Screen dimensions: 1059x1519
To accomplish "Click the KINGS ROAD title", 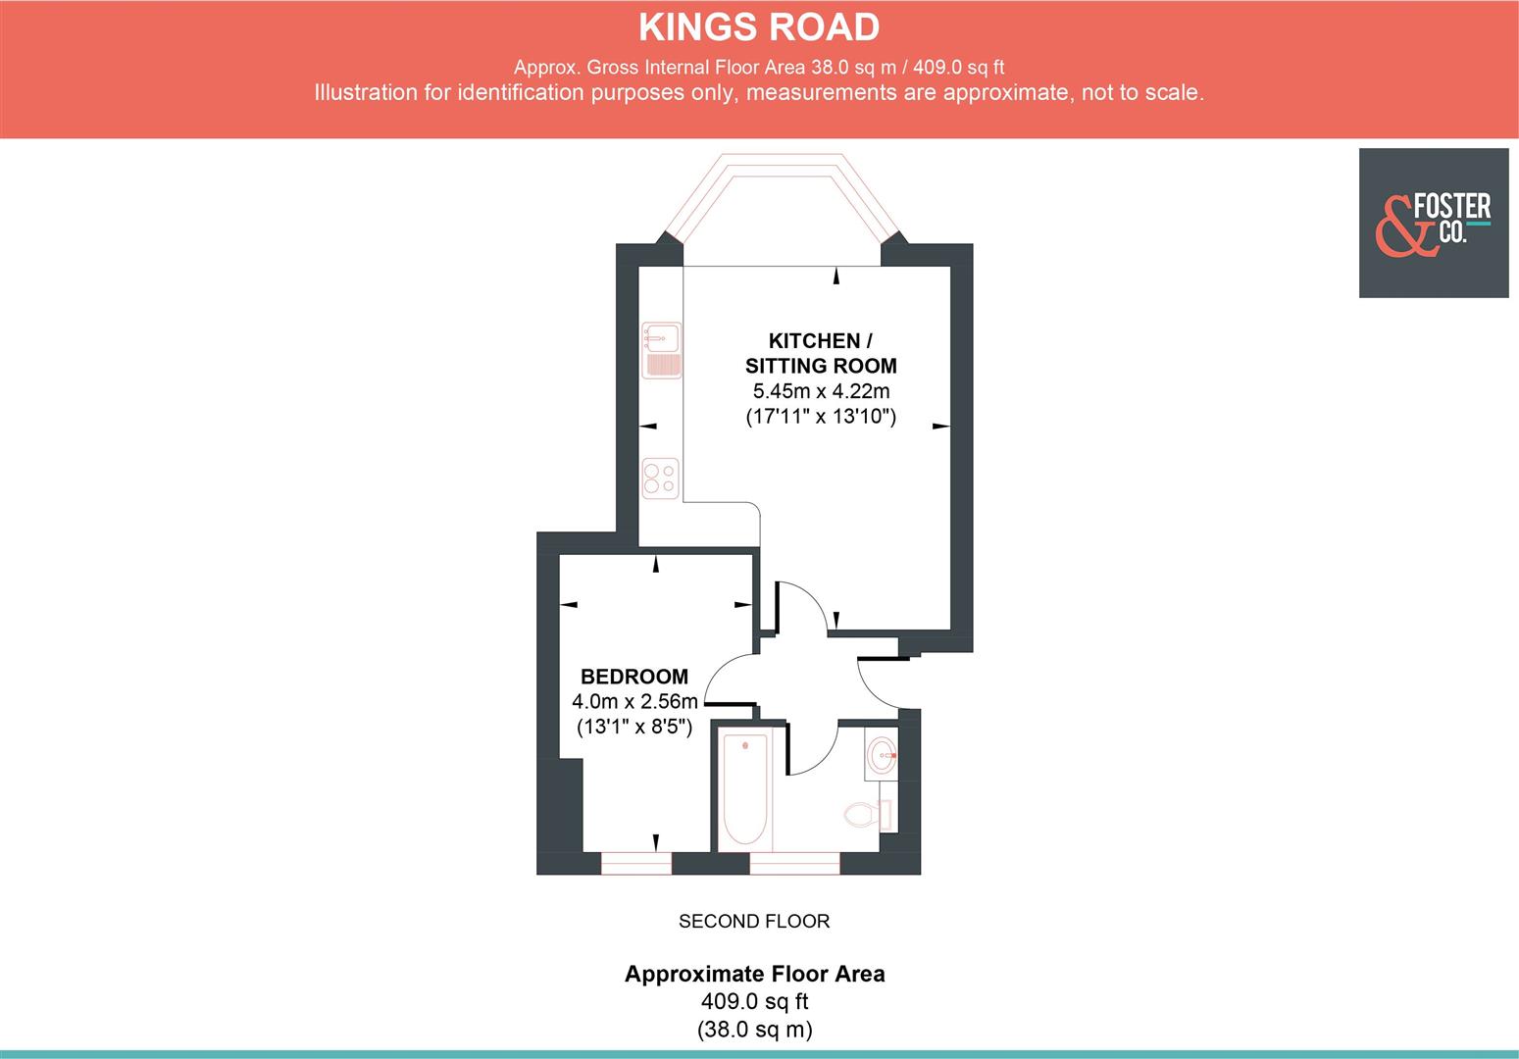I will point(759,27).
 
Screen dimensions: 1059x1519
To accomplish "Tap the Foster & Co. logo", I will point(1433,223).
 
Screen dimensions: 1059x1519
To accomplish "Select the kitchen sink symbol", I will point(662,350).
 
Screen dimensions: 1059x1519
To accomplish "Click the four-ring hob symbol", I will point(660,479).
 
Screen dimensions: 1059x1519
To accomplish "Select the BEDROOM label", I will point(634,677).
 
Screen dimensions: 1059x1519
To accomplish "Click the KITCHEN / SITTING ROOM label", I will point(821,353).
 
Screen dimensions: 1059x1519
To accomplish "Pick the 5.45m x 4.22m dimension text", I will point(821,391).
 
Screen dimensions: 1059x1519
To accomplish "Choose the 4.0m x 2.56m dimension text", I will point(634,702).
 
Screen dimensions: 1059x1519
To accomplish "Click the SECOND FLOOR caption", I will point(754,922).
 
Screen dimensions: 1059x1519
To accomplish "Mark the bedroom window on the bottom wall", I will point(635,864).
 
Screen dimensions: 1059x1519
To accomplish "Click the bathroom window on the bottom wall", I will point(794,864).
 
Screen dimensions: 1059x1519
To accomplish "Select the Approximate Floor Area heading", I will point(754,974).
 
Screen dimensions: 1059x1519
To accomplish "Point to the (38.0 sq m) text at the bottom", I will point(754,1031).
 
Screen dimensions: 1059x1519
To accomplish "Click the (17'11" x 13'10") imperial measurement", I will point(821,417).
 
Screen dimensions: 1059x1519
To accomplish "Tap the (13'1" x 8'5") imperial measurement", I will point(634,728).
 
